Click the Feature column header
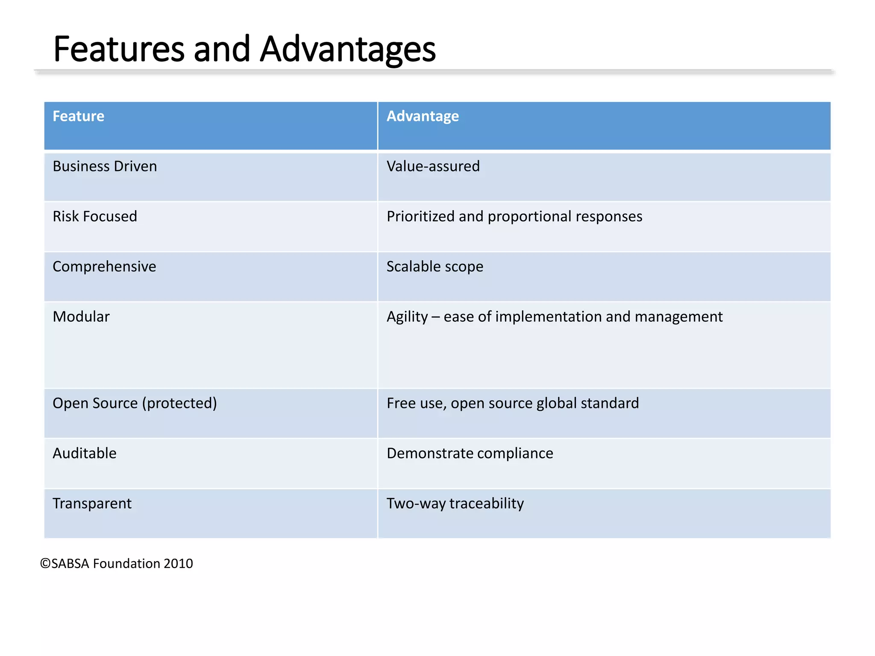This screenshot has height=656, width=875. click(x=78, y=116)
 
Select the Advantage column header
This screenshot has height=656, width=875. click(x=422, y=116)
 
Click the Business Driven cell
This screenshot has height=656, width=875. click(x=105, y=166)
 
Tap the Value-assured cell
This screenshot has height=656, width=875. click(x=433, y=166)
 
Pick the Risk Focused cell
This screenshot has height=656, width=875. click(x=95, y=217)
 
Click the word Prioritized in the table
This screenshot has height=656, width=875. click(x=420, y=217)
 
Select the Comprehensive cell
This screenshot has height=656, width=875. click(x=104, y=266)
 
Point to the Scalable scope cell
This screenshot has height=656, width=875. click(x=435, y=266)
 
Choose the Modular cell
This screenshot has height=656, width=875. click(x=81, y=317)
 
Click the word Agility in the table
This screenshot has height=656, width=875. click(x=407, y=317)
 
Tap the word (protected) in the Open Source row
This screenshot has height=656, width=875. click(x=179, y=403)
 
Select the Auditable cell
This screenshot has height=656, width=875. click(x=85, y=453)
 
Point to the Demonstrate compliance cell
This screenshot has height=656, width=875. click(x=470, y=453)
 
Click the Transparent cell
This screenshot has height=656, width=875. click(x=92, y=504)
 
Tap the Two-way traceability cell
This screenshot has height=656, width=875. click(x=455, y=504)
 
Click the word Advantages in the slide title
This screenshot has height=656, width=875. click(x=348, y=49)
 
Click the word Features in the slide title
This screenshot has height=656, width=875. click(x=119, y=49)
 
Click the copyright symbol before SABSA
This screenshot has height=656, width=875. click(x=45, y=564)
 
